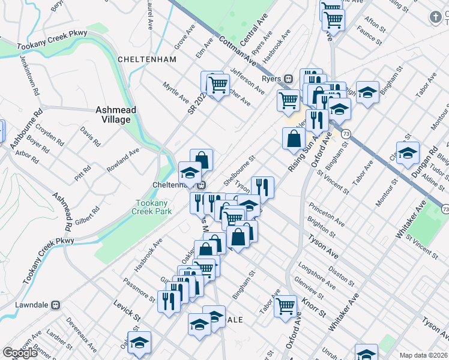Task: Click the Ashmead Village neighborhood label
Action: pyautogui.click(x=115, y=115)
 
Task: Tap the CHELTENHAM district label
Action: pyautogui.click(x=147, y=59)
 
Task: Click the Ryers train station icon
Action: pyautogui.click(x=289, y=79)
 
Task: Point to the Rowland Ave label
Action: pyautogui.click(x=123, y=161)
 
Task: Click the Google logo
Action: pyautogui.click(x=20, y=353)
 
